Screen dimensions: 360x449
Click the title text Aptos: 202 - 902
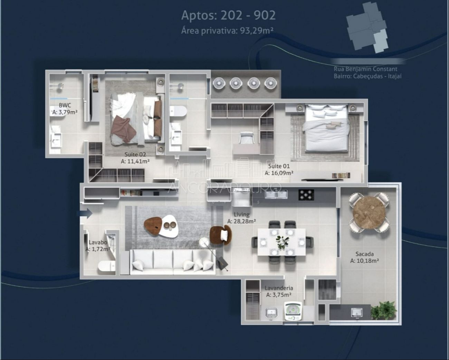[x=228, y=15]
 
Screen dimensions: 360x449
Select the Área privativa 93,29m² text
[x=227, y=31]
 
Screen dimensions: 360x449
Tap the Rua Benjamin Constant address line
[x=365, y=69]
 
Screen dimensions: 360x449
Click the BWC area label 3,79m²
[x=65, y=112]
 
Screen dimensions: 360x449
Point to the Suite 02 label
[x=135, y=155]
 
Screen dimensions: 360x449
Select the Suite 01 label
[x=279, y=166]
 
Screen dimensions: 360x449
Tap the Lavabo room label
[x=98, y=243]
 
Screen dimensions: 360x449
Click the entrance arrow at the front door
[x=86, y=213]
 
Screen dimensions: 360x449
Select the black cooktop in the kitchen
[x=306, y=195]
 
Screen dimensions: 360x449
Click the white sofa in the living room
[x=173, y=262]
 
